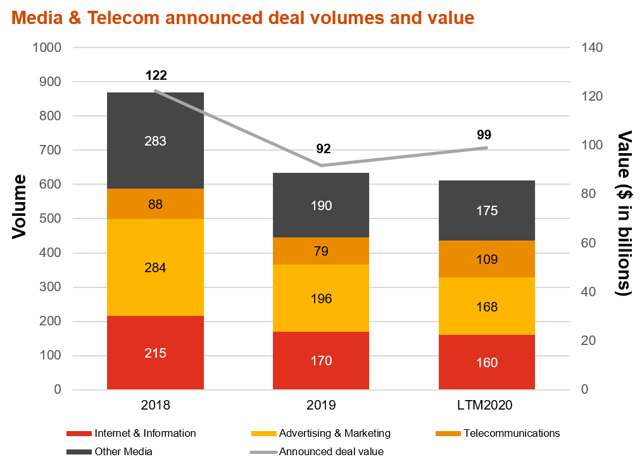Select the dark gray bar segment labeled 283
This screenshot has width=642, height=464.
coord(156,141)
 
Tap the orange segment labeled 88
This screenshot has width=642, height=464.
coord(156,204)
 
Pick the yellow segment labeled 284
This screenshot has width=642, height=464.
coord(156,267)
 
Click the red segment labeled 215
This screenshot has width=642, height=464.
coord(156,353)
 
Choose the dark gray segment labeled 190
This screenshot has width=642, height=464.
coord(321,205)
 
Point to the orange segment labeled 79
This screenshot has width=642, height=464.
coord(321,251)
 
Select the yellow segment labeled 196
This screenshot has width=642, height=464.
coord(321,298)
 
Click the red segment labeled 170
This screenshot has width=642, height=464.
coord(321,360)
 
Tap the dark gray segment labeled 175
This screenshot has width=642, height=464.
coord(487,210)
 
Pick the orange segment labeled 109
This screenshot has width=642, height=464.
coord(487,259)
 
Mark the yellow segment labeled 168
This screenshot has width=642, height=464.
coord(487,306)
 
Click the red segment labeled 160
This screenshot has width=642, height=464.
coord(487,362)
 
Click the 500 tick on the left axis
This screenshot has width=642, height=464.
coord(51,218)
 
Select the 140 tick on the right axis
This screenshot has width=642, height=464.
coord(592,47)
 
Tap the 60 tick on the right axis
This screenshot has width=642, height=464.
coord(589,243)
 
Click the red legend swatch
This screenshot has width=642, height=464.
coord(79,434)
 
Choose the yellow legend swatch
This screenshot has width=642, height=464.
coord(264,434)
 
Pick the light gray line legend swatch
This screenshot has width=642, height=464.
coord(263,452)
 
